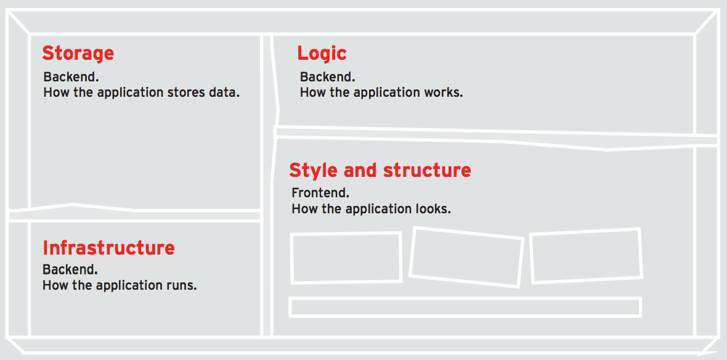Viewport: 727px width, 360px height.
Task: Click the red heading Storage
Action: click(x=78, y=54)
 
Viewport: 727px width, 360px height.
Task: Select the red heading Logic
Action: click(x=322, y=54)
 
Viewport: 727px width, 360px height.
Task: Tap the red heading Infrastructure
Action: click(x=108, y=248)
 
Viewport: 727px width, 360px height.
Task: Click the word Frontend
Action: click(x=320, y=192)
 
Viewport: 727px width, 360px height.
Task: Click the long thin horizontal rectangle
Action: click(x=465, y=298)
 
